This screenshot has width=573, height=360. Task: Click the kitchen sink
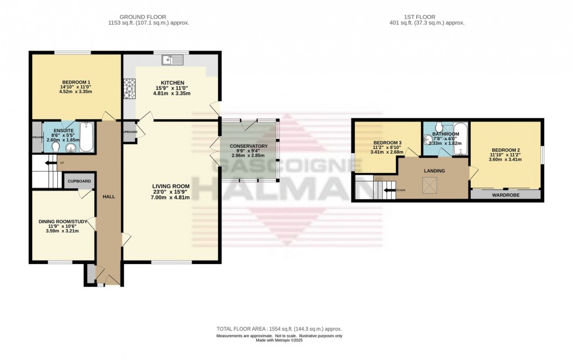[x=174, y=59]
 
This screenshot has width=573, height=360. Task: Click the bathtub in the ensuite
[x=86, y=136]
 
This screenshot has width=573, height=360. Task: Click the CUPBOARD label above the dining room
[x=79, y=182]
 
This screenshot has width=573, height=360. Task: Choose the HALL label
[x=108, y=197]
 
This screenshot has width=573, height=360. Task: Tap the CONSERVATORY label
[x=248, y=146]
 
